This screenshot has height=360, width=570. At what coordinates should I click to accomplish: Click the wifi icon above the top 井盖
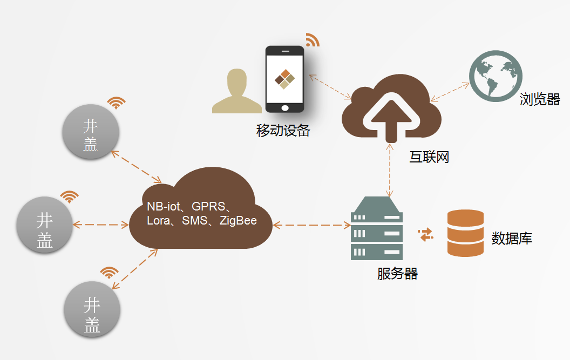pos(116,103)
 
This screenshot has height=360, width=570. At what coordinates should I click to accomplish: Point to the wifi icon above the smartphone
pos(312,39)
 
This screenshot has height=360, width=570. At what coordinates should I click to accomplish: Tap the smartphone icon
pos(284,79)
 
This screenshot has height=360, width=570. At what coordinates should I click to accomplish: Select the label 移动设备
pos(283,131)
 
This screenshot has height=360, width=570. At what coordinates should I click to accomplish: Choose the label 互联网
pos(429,157)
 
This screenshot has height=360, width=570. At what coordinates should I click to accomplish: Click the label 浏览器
pos(540,99)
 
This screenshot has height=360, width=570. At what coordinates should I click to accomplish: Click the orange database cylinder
pos(465,233)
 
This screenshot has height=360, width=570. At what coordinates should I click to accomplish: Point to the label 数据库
pos(512,238)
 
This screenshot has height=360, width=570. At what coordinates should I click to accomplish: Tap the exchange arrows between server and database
pos(426,235)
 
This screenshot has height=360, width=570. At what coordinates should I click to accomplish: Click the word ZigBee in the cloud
pos(238,220)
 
